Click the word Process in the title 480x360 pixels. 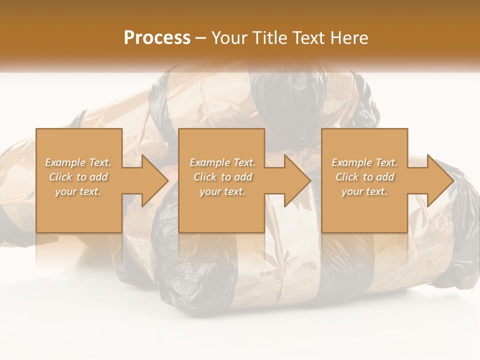coord(157,38)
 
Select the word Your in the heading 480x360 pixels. coord(228,38)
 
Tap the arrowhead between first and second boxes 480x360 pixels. coord(150,180)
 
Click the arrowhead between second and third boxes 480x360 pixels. coord(293,180)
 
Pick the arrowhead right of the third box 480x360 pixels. coord(435,180)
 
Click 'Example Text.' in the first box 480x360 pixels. coord(78,162)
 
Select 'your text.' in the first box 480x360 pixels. coord(78,191)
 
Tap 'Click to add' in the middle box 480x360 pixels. coord(222,177)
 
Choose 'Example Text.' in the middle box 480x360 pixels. coord(222,162)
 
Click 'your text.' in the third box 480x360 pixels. coord(364,191)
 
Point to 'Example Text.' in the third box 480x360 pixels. coord(364,162)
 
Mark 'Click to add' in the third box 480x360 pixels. coord(364,177)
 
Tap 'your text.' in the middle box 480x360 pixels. coord(222,191)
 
